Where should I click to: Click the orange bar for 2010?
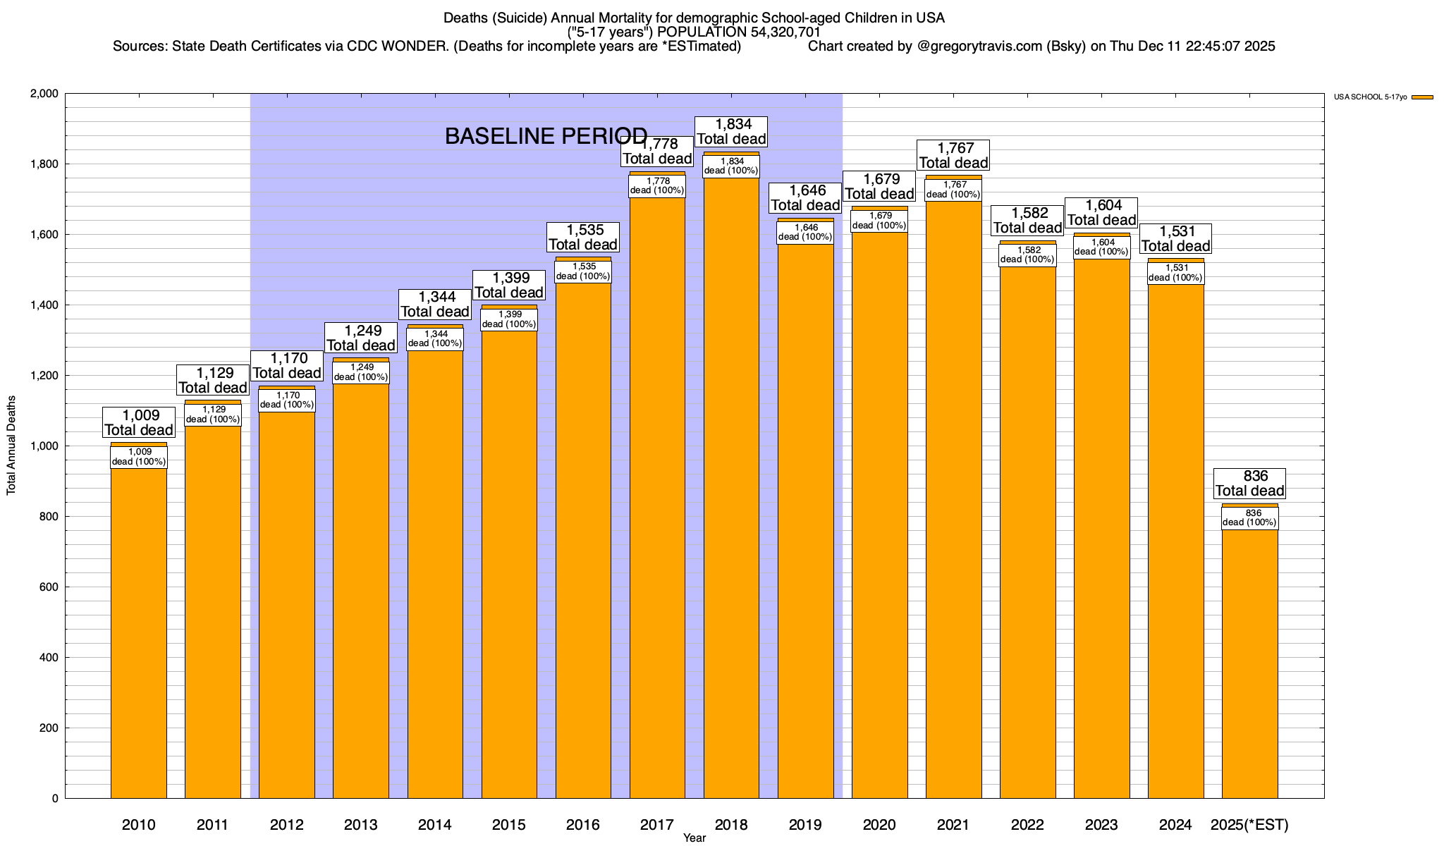(x=139, y=634)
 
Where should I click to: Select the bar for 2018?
(x=731, y=493)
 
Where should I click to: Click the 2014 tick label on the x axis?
(x=435, y=825)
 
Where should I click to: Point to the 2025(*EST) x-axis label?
(x=1249, y=825)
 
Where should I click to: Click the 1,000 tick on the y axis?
(x=44, y=446)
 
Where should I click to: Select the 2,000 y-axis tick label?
(x=44, y=94)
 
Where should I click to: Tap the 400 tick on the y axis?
(x=49, y=658)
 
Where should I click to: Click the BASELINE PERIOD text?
(x=546, y=136)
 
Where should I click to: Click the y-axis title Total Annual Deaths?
(x=11, y=445)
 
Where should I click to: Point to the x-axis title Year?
(x=694, y=838)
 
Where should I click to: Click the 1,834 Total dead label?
(x=731, y=132)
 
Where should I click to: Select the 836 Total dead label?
(x=1250, y=484)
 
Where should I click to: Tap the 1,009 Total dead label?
(x=139, y=422)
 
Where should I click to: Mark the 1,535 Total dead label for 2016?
(x=583, y=237)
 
